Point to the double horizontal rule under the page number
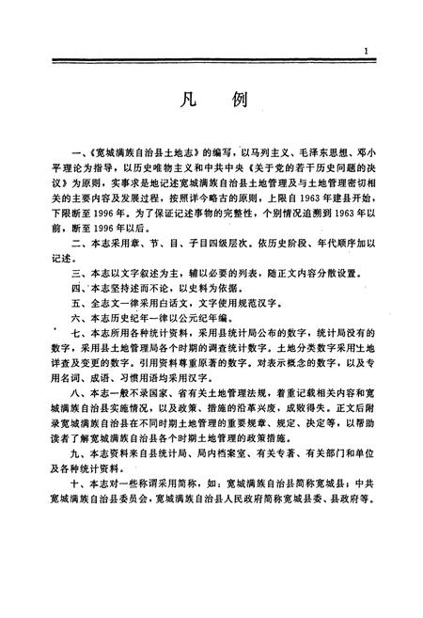(x=212, y=62)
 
